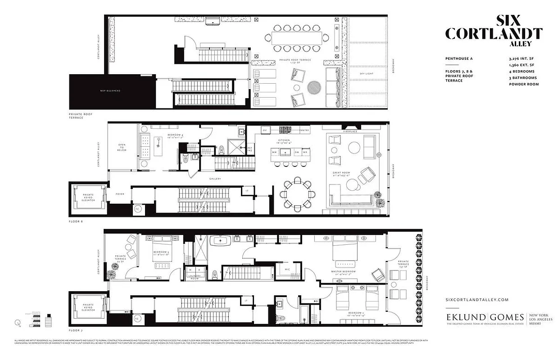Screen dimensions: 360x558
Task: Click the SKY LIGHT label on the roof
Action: click(x=367, y=73)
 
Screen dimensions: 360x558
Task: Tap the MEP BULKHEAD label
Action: click(x=110, y=91)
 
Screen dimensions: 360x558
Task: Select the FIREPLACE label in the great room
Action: click(x=350, y=132)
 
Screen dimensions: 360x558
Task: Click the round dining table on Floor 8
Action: click(x=297, y=194)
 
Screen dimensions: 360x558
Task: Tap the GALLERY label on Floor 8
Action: click(x=214, y=178)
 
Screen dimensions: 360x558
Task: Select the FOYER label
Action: click(x=120, y=194)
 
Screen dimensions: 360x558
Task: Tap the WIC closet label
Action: click(x=287, y=270)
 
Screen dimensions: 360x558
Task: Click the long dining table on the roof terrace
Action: click(x=297, y=37)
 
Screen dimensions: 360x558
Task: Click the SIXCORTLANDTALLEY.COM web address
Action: click(x=476, y=300)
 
